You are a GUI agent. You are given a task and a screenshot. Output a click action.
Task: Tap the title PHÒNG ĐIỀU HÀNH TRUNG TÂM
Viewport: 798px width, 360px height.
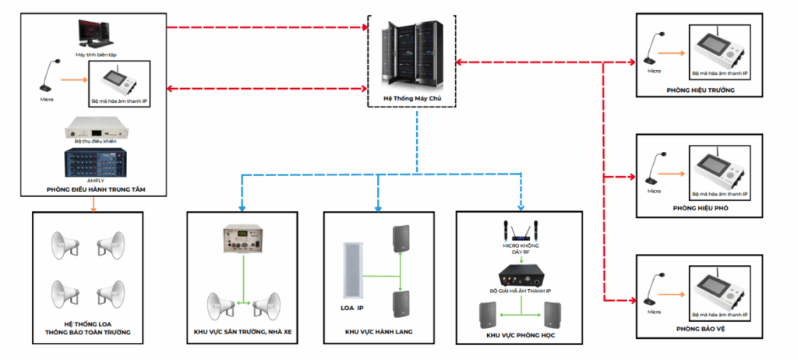pos(96,189)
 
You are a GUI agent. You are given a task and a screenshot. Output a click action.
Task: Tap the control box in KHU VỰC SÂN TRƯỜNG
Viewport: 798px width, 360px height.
pos(244,249)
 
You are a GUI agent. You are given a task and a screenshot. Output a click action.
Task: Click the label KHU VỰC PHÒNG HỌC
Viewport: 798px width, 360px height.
pos(520,336)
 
